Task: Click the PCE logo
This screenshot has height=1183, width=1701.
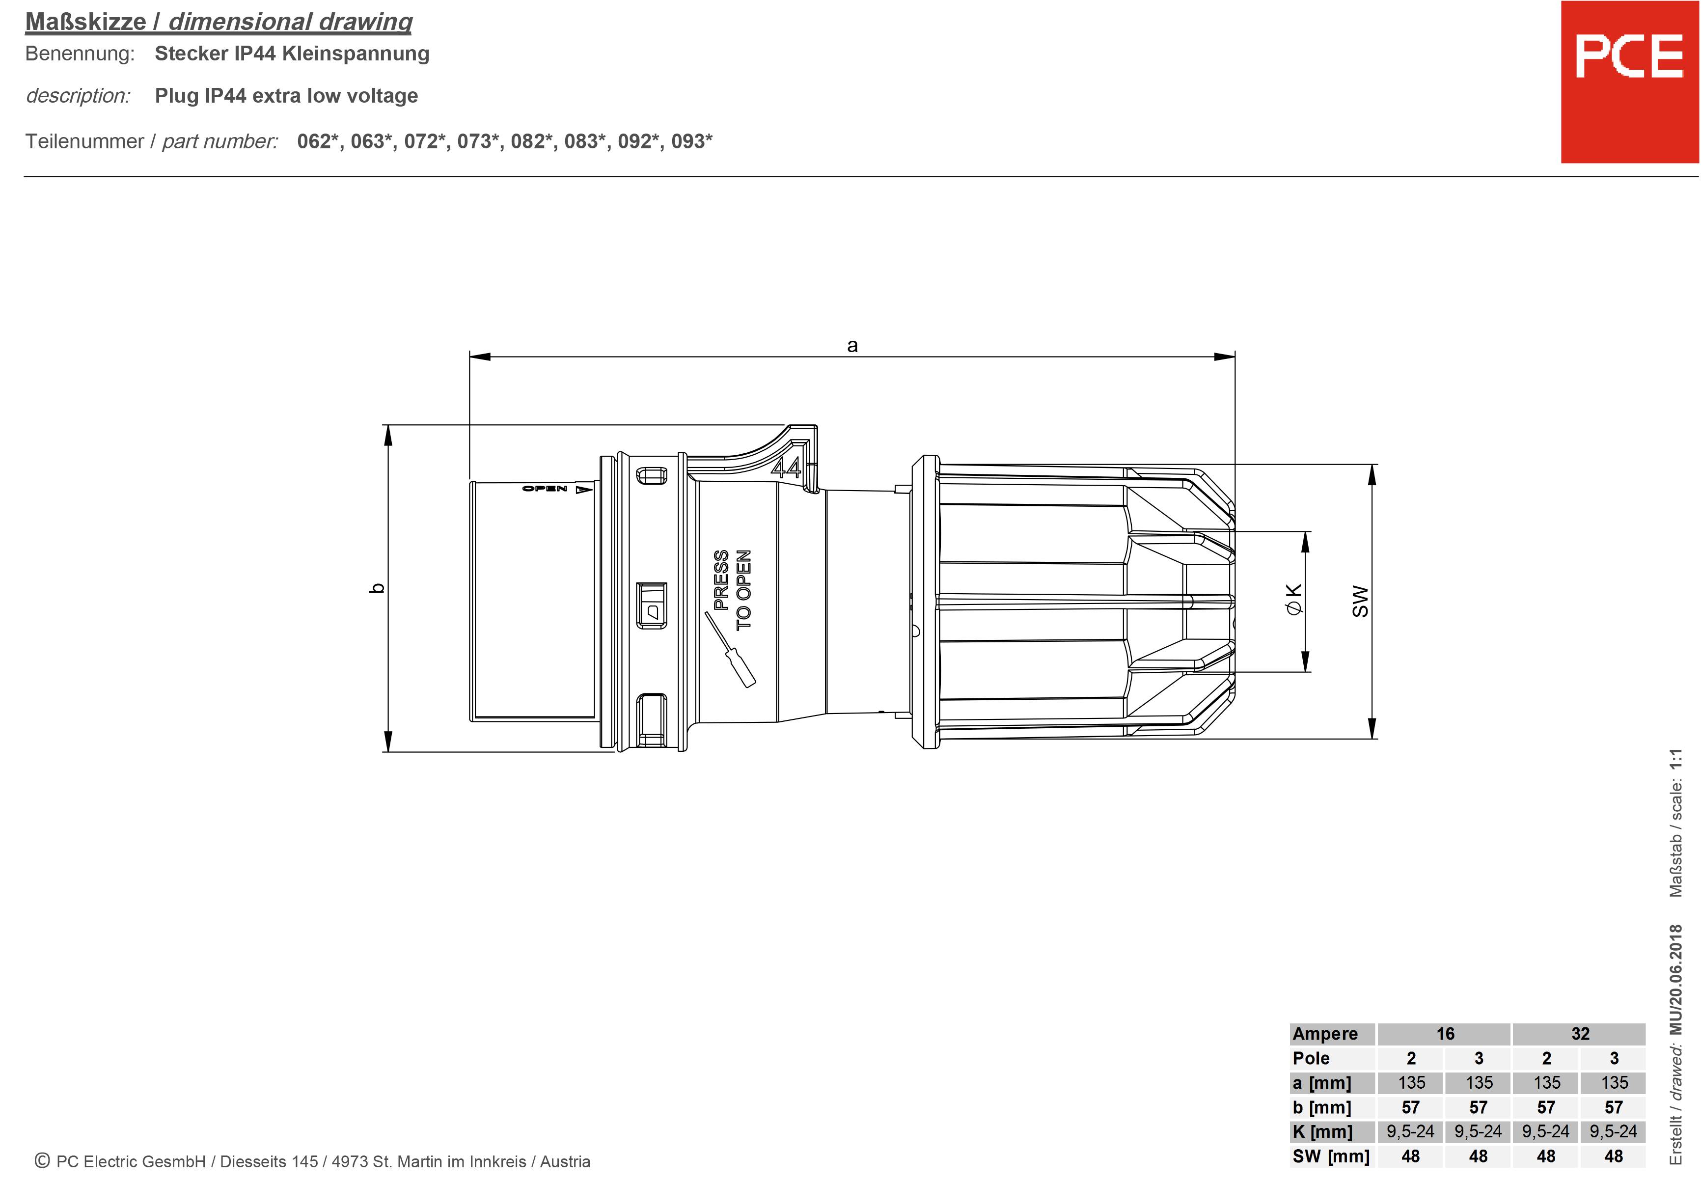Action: tap(1628, 57)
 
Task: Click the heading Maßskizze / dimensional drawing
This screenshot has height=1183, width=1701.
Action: tap(219, 22)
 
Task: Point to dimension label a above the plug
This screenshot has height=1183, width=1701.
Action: tap(852, 345)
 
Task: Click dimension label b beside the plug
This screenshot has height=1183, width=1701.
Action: tap(377, 588)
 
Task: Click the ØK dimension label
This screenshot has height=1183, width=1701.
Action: tap(1293, 599)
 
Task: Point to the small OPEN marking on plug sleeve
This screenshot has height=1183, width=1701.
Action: tap(545, 489)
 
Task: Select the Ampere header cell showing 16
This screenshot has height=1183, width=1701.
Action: tap(1445, 1033)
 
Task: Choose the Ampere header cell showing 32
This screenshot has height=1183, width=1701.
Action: tap(1580, 1033)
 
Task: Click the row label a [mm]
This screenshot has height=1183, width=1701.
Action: tap(1322, 1082)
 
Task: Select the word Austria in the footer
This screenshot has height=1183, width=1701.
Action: tap(565, 1161)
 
